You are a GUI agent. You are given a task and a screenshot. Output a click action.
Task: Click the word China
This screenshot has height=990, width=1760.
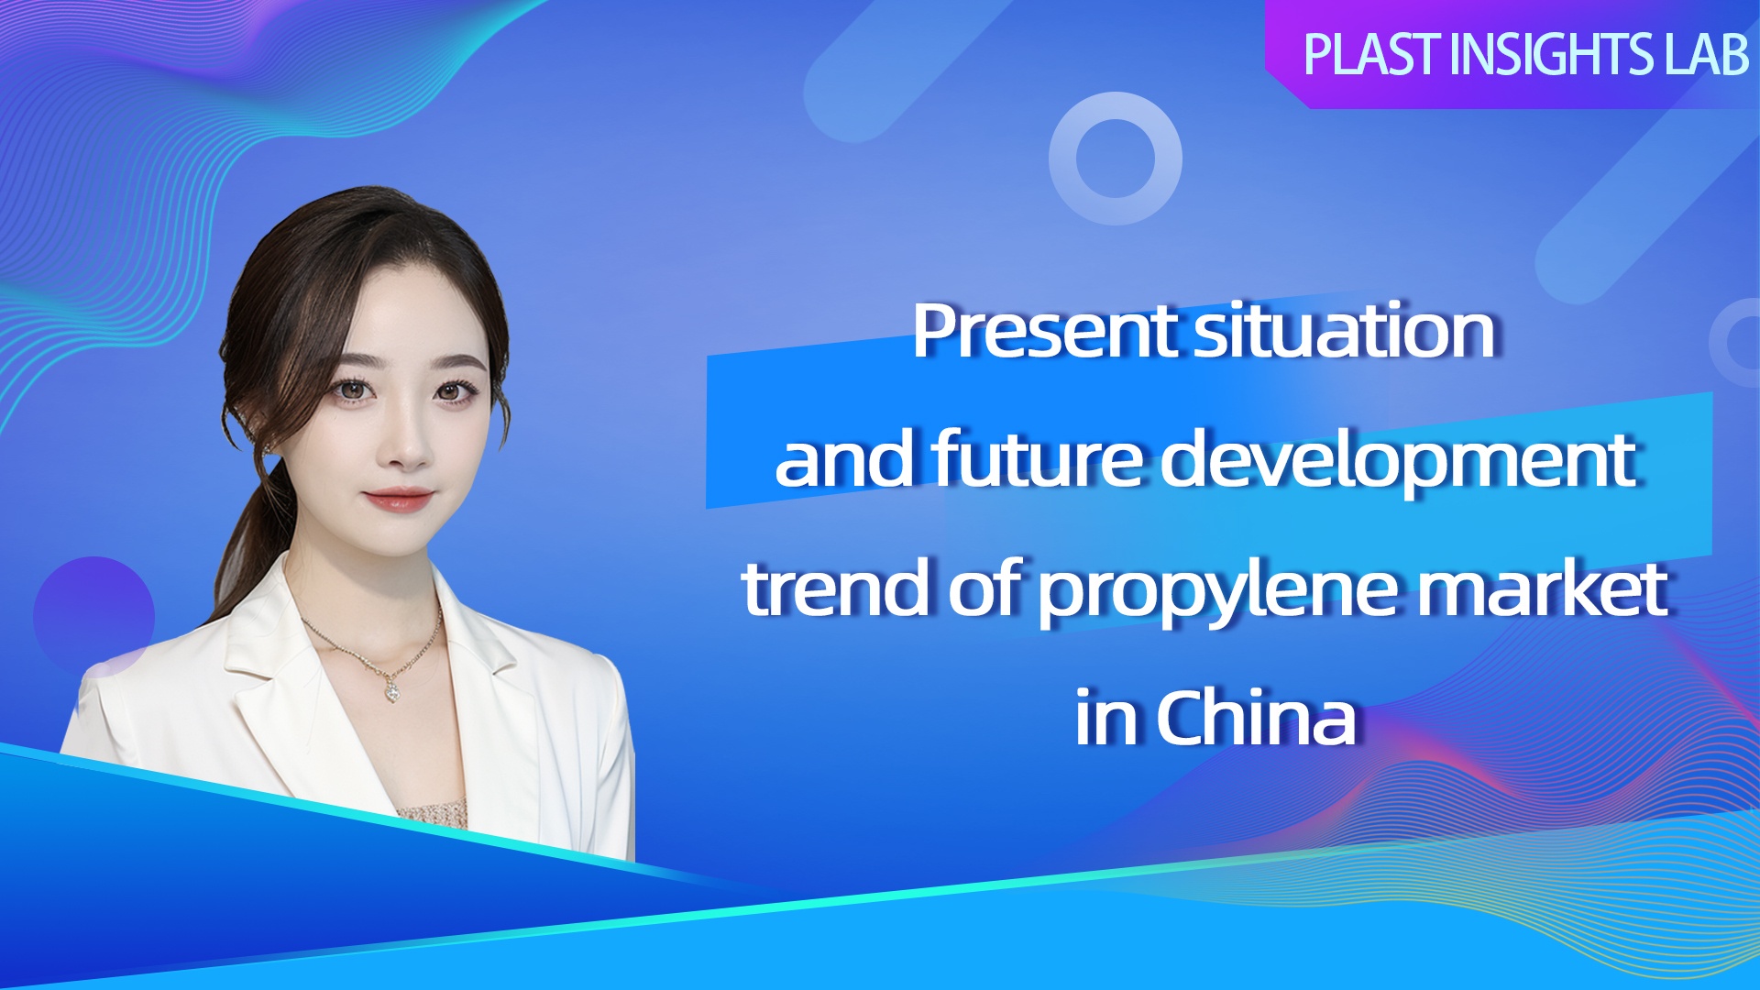pos(1256,717)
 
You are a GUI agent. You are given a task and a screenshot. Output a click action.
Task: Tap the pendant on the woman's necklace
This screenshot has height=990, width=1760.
pos(391,689)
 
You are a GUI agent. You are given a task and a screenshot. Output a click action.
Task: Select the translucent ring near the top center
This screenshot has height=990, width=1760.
pos(1116,106)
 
